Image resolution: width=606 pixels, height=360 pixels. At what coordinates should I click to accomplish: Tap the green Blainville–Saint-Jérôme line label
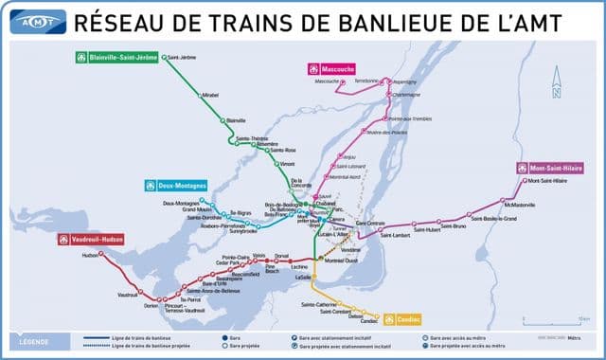pyautogui.click(x=117, y=57)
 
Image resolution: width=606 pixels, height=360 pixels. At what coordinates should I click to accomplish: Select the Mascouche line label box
pyautogui.click(x=329, y=68)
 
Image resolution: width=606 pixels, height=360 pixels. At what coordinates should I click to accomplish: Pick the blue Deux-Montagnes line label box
pyautogui.click(x=175, y=185)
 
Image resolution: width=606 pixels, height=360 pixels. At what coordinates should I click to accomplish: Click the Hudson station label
pyautogui.click(x=90, y=255)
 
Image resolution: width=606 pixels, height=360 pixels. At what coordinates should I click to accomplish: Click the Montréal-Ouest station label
pyautogui.click(x=341, y=260)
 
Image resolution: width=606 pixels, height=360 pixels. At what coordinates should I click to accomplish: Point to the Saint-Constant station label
pyautogui.click(x=335, y=311)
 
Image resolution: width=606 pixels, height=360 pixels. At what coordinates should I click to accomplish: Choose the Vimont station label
pyautogui.click(x=287, y=164)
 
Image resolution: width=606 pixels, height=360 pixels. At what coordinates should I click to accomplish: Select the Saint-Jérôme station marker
pyautogui.click(x=165, y=58)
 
